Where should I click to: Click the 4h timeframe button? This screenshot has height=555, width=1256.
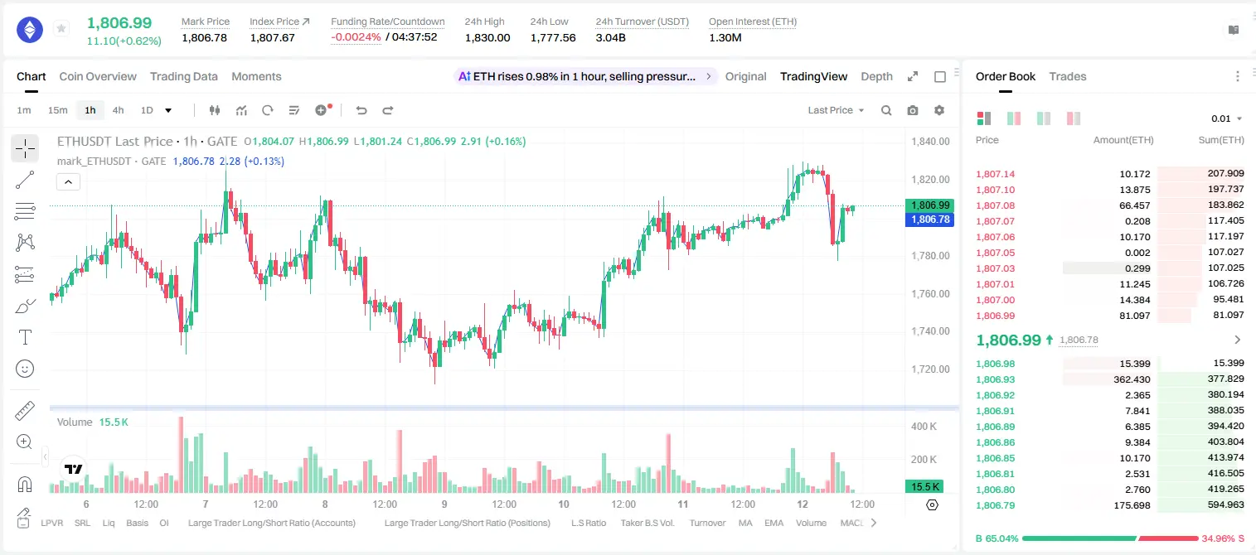coord(118,110)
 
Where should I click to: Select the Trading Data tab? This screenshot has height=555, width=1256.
coord(183,77)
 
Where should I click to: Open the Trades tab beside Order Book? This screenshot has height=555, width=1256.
coord(1067,77)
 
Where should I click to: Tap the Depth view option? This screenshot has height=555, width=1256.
coord(876,77)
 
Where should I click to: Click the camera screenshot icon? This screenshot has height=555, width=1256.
coord(912,110)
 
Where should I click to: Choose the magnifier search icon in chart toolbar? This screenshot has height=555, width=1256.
coord(886,110)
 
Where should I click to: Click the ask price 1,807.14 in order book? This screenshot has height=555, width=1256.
coord(995,174)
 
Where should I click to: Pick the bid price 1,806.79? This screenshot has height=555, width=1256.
coord(995,505)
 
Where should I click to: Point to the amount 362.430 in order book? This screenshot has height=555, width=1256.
coord(1132,379)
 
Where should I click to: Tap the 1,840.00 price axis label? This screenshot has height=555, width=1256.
coord(930,142)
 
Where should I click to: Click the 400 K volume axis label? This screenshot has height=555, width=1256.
coord(924,427)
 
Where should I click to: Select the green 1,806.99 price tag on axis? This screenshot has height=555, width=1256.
coord(929,205)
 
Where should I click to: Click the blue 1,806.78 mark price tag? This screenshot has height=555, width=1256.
coord(929,220)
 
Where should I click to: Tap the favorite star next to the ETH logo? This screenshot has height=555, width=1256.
coord(61,29)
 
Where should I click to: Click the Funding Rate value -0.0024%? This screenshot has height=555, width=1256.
coord(356,37)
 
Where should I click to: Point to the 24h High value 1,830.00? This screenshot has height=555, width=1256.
coord(487,37)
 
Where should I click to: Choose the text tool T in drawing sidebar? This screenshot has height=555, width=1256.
coord(25,337)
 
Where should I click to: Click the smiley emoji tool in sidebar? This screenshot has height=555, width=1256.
coord(25,369)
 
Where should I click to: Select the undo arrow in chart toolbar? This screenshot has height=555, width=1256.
coord(361,110)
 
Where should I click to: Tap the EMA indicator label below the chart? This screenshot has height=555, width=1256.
coord(773,523)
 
